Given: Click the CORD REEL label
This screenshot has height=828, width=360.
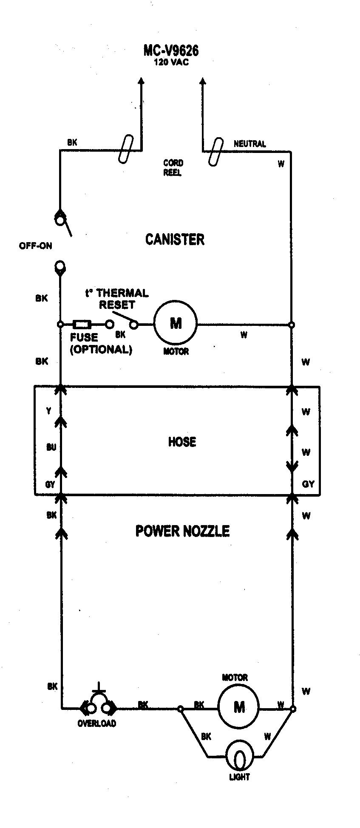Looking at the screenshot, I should (173, 168).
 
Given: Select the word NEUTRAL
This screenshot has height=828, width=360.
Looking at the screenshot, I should (250, 144).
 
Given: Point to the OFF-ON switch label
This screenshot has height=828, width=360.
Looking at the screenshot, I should (35, 246).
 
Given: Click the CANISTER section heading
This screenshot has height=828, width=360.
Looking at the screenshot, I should (175, 239).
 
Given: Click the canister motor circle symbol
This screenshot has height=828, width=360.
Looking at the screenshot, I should (176, 324).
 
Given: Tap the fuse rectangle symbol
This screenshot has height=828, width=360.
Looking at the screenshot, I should (82, 325).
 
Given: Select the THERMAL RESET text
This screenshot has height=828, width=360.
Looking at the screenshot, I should (117, 299).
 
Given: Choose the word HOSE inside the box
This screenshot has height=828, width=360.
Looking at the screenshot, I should (182, 442).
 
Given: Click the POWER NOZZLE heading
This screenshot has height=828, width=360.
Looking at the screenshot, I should (182, 531).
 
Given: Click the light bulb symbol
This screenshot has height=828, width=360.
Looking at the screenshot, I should (240, 757).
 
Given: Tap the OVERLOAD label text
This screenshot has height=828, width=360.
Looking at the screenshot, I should (97, 723).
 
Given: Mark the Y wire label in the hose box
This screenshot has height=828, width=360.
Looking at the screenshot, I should (49, 410).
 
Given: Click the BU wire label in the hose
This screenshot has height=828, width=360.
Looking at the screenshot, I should (51, 447).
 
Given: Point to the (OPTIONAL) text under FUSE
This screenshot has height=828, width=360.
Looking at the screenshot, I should (101, 350).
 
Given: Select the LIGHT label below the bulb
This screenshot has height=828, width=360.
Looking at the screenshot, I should (239, 777).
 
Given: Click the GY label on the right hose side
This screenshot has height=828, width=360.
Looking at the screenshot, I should (308, 484).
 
